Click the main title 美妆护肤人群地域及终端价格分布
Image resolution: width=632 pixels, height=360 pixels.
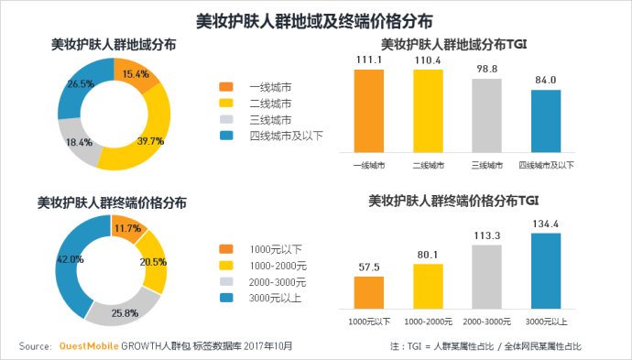(315, 19)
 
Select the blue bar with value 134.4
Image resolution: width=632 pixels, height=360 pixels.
(546, 272)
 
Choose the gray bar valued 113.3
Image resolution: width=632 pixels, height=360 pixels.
(487, 278)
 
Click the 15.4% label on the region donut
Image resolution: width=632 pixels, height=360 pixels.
(136, 74)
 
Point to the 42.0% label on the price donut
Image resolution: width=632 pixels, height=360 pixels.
(71, 259)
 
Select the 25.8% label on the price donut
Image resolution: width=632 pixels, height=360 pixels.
(125, 313)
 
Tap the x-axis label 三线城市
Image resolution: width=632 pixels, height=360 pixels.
(487, 166)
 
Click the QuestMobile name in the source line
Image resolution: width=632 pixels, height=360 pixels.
(89, 346)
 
